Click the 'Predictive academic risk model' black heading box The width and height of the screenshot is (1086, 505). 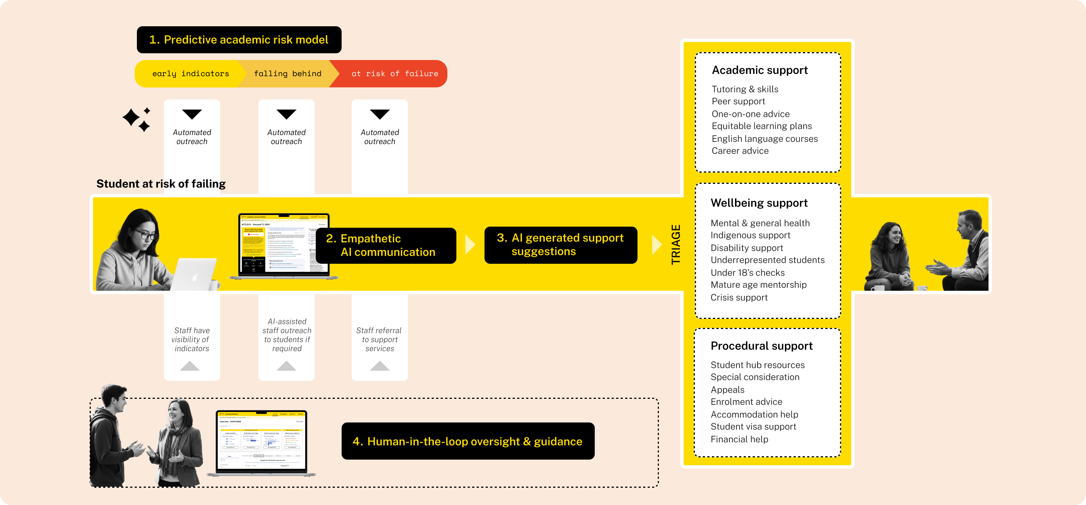(x=239, y=40)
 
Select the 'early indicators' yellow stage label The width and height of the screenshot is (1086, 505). (x=190, y=74)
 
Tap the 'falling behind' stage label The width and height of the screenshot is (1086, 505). (x=288, y=74)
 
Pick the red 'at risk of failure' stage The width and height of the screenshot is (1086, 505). (x=394, y=74)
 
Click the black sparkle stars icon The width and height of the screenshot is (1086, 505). (x=136, y=119)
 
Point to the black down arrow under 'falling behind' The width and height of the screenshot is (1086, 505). (x=286, y=114)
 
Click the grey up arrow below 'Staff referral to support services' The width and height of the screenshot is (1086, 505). (x=379, y=366)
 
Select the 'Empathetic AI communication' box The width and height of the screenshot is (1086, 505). (x=386, y=245)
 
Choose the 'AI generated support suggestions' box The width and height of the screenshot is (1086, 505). (x=560, y=245)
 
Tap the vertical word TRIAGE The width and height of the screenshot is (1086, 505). (x=675, y=245)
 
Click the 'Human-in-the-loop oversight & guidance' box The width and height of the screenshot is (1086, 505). (x=468, y=441)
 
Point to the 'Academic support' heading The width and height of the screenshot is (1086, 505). (x=759, y=70)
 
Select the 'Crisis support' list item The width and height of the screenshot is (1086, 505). (x=739, y=298)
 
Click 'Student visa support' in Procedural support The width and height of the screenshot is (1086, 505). (x=753, y=427)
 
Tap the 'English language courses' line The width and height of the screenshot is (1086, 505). (x=764, y=139)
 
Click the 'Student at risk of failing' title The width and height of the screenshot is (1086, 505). (x=161, y=184)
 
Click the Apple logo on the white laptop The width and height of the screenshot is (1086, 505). (x=195, y=278)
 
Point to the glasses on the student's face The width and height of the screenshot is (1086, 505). (x=145, y=235)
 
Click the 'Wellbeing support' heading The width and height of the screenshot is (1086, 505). (x=759, y=203)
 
